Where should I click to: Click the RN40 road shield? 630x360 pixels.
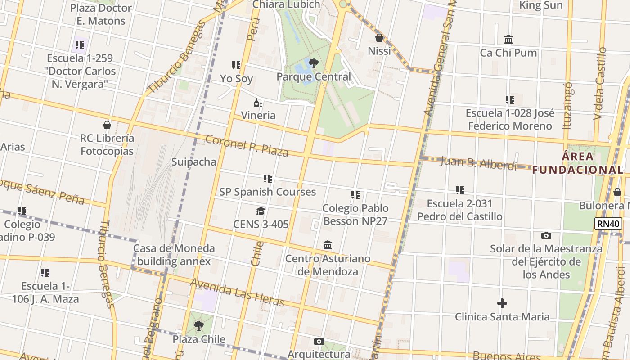tap(608, 224)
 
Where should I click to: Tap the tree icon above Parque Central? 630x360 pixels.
tap(314, 63)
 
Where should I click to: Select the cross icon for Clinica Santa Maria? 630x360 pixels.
tap(502, 303)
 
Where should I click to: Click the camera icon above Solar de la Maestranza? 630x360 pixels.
tap(546, 235)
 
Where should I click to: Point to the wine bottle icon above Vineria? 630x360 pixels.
tap(258, 103)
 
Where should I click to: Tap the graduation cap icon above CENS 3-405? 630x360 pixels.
tap(261, 211)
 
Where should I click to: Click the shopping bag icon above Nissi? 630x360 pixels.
tap(379, 38)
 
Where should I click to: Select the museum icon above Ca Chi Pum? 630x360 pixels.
tap(508, 40)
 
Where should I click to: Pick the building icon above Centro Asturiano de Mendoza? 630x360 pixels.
tap(328, 245)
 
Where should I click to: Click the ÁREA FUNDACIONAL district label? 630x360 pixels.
tap(578, 163)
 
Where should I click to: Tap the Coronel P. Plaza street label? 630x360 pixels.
tap(247, 145)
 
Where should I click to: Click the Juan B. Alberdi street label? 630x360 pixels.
tap(478, 163)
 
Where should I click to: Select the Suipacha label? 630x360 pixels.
tap(194, 162)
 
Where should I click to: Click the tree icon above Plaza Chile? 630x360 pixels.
tap(198, 326)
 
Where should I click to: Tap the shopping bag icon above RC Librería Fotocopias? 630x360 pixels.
tap(107, 125)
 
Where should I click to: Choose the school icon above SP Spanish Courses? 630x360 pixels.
tap(268, 179)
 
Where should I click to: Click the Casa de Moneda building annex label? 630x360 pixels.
tap(174, 255)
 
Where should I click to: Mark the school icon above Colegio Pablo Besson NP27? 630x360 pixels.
tap(355, 195)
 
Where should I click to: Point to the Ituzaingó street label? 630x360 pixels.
tap(567, 105)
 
